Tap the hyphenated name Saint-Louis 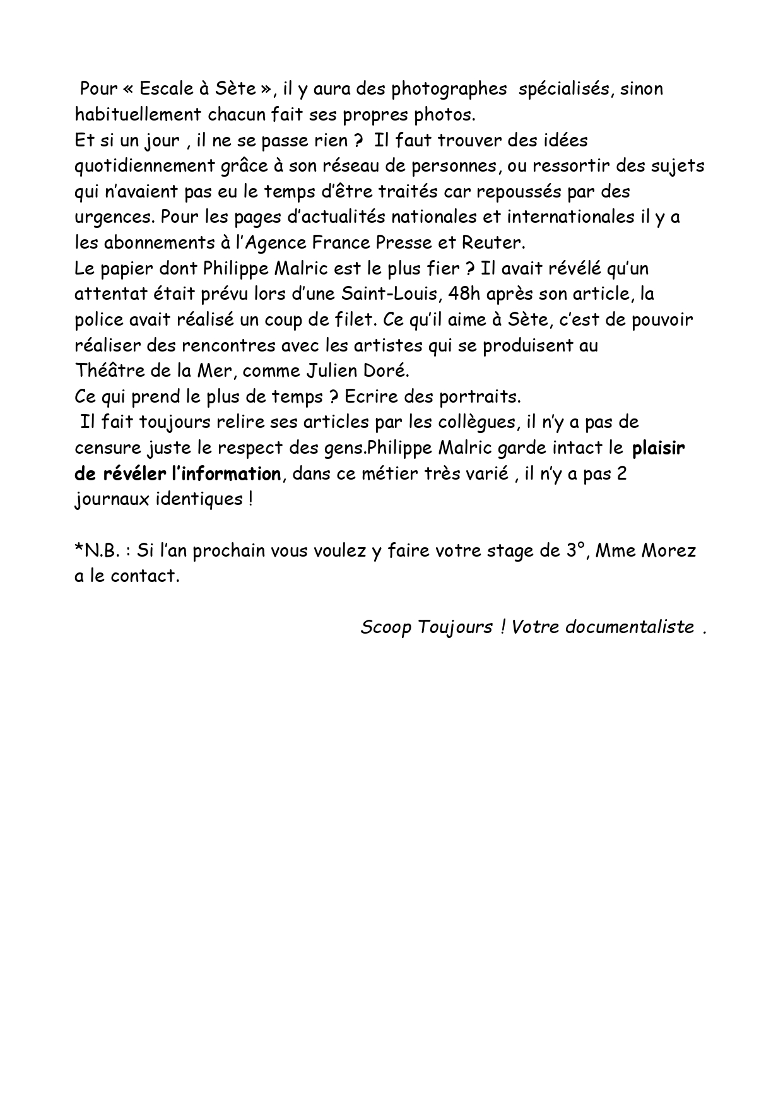coord(390,294)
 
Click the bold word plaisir coord(658,449)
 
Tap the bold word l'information coord(226,474)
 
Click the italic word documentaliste coord(630,628)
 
